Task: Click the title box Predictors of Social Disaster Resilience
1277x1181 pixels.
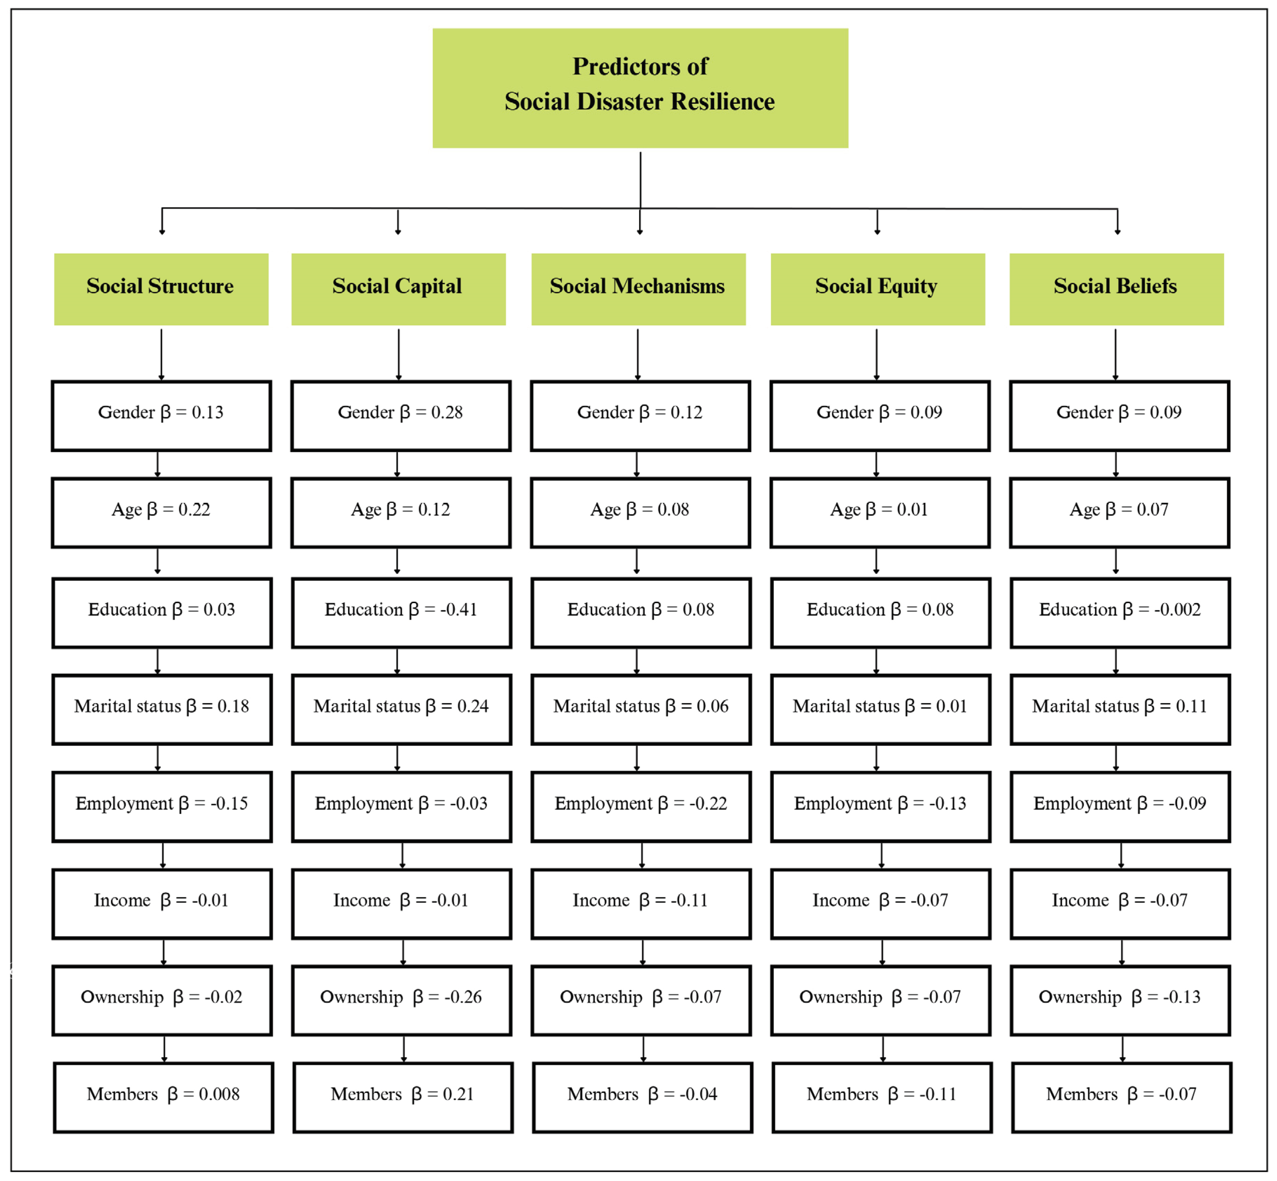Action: point(640,88)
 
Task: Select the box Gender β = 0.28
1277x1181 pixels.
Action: point(401,416)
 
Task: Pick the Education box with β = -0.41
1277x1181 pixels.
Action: point(401,613)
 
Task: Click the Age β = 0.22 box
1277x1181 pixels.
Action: point(161,513)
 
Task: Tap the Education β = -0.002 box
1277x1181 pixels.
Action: point(1120,613)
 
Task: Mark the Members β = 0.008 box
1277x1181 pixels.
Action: point(164,1097)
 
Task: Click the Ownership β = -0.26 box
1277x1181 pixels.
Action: point(401,1000)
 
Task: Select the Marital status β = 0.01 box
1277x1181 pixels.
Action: point(880,709)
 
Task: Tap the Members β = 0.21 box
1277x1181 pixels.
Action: point(403,1097)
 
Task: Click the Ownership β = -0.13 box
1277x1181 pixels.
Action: point(1120,1000)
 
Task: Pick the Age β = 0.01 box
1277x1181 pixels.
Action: point(880,513)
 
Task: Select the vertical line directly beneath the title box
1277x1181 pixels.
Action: point(640,179)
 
